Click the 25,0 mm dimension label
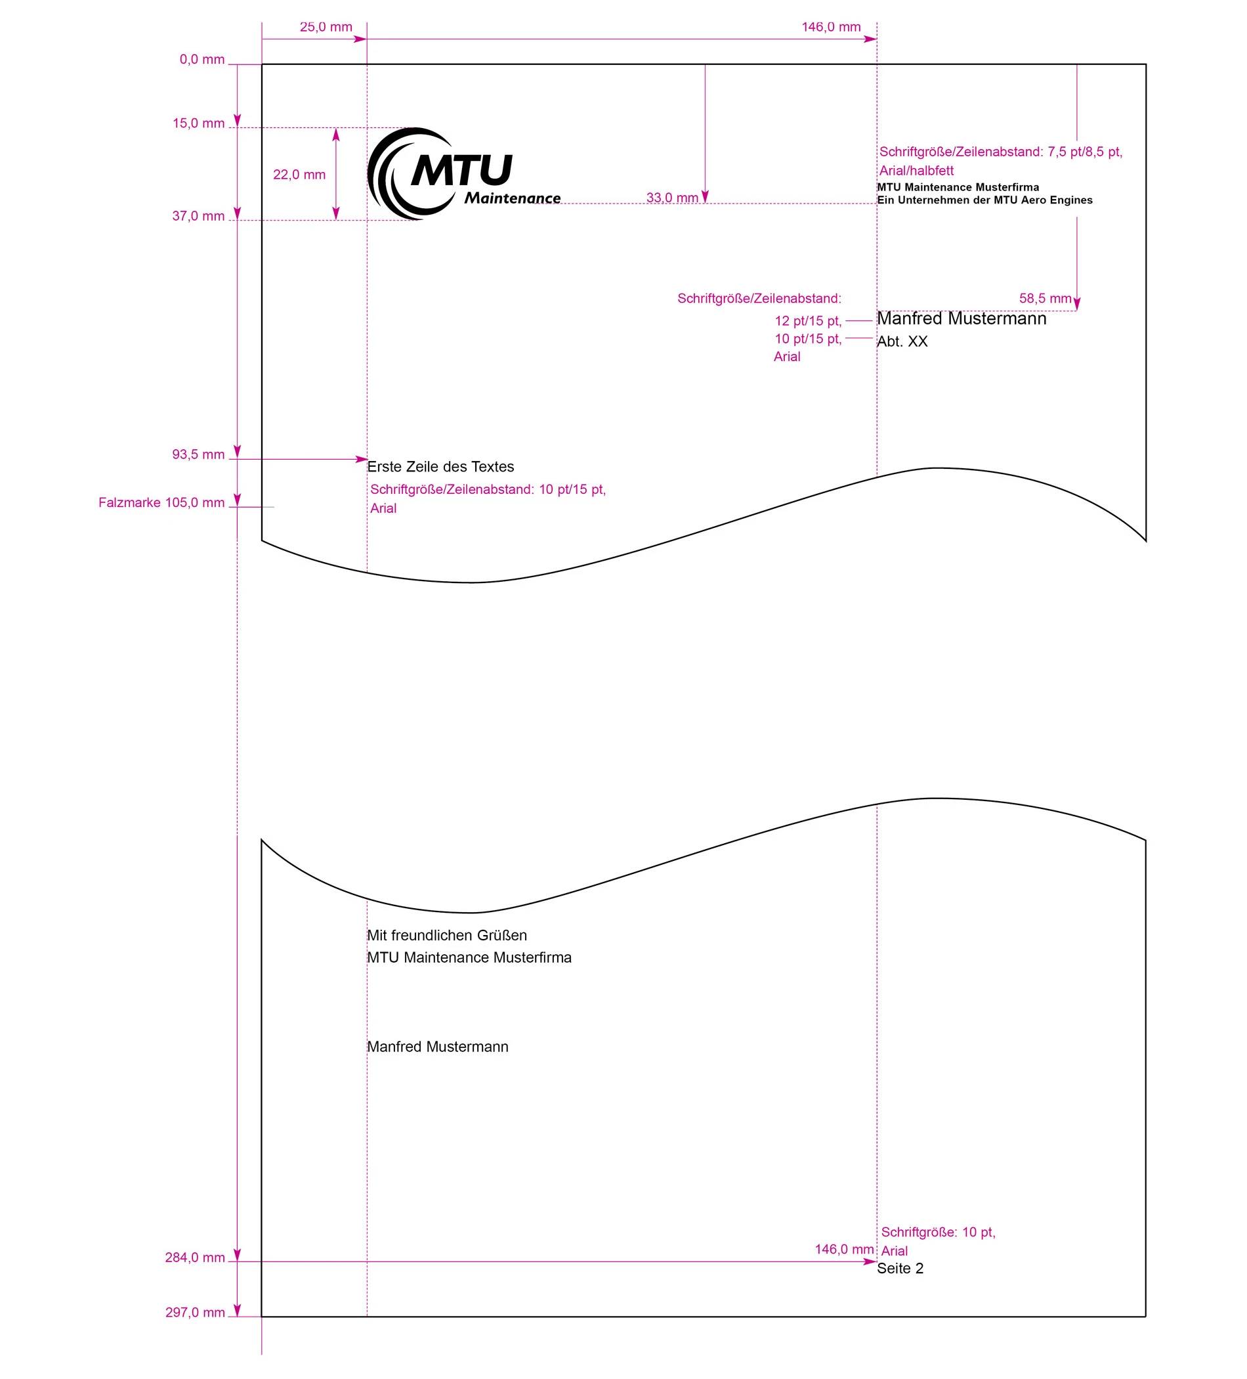(x=326, y=28)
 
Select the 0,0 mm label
(x=201, y=60)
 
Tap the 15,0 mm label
(x=198, y=123)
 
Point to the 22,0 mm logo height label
(x=299, y=175)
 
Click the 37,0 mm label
(x=198, y=216)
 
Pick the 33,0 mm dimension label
(x=671, y=198)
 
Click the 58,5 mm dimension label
(x=1044, y=298)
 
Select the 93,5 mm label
(x=198, y=454)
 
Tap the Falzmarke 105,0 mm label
(x=161, y=503)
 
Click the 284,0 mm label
(x=195, y=1258)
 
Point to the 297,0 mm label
(x=195, y=1312)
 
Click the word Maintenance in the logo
(x=512, y=198)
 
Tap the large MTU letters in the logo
(x=461, y=169)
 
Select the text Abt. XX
(x=902, y=341)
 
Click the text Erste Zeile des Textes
(x=440, y=466)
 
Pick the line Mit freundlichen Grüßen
(x=446, y=935)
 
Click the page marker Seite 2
(x=900, y=1268)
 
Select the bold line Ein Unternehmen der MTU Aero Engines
(x=984, y=200)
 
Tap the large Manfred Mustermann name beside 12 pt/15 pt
(x=962, y=318)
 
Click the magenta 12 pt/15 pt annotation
(x=807, y=321)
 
